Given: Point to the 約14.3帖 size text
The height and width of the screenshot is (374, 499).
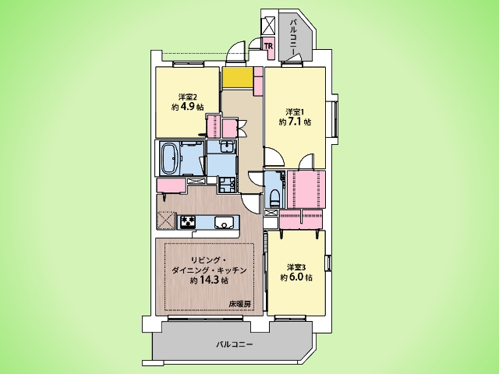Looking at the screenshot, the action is [x=209, y=280].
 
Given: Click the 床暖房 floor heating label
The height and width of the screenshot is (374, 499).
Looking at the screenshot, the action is [x=240, y=304].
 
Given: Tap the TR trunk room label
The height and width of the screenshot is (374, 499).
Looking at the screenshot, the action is [x=268, y=45].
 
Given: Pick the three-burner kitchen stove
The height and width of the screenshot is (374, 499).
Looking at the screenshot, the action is [x=188, y=221].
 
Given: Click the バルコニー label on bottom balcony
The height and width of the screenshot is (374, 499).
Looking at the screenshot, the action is [x=235, y=344].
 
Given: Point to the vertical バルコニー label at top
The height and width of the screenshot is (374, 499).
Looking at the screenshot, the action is [x=294, y=36].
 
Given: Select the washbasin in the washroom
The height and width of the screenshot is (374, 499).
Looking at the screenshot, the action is [x=227, y=146].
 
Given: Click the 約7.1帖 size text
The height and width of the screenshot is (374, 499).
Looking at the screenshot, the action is [x=295, y=122].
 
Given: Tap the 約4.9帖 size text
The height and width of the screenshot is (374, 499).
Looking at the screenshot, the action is [x=188, y=107].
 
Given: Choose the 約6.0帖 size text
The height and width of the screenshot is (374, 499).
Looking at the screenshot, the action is [x=296, y=277].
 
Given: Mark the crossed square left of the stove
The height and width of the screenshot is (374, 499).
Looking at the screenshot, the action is [x=166, y=220].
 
